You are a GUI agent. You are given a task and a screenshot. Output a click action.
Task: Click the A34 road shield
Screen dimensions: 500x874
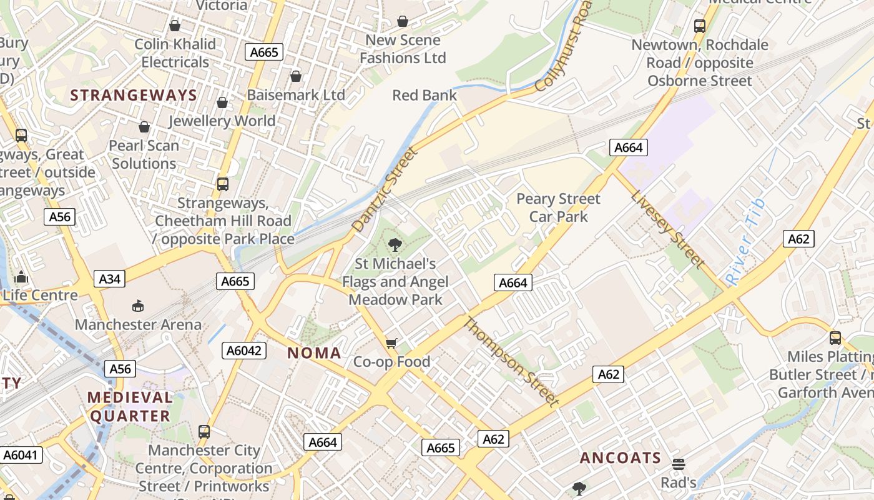tap(109, 279)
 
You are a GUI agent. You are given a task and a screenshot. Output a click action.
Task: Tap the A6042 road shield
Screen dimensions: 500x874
tap(244, 351)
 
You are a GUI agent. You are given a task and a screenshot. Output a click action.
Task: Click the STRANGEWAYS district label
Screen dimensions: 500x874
tap(134, 95)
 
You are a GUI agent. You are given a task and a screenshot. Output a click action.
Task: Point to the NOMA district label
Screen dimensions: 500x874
tap(314, 353)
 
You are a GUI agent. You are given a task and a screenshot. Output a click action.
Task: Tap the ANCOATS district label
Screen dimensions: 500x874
tap(620, 458)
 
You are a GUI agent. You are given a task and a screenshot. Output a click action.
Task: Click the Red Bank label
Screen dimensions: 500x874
tap(425, 95)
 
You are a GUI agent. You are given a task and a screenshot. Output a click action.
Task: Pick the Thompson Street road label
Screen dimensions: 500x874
tap(511, 361)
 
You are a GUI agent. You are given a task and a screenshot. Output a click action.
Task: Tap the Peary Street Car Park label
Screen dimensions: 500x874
tap(558, 207)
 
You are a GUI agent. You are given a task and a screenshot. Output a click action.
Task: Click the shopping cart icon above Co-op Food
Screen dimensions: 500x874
tap(391, 343)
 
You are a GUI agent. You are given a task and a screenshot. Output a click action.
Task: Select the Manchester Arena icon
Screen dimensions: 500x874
tap(137, 306)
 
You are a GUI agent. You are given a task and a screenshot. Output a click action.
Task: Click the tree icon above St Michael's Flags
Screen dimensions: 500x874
tap(395, 244)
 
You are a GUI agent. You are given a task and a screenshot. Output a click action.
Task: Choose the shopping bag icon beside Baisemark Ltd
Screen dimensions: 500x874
tap(296, 76)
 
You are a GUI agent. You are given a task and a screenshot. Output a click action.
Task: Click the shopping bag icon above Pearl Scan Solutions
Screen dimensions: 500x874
tap(144, 127)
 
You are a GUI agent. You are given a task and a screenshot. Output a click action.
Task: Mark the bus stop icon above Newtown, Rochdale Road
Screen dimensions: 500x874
tap(700, 26)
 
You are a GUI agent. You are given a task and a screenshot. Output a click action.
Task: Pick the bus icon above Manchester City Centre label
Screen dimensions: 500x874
tap(204, 431)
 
